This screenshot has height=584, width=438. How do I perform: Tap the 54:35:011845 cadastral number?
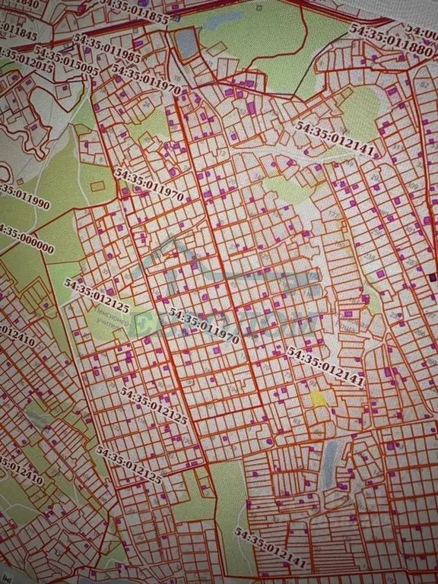pos(17,31)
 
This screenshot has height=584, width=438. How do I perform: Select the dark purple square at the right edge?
pos(433,278)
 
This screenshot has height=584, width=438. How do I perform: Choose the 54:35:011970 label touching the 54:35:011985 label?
pos(145,79)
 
